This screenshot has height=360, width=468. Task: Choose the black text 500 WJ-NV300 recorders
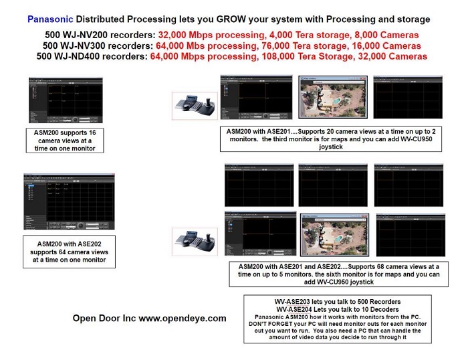tap(99, 46)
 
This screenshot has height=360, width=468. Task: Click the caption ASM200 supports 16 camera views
tap(65, 141)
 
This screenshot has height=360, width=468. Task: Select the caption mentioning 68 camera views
tap(334, 270)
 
